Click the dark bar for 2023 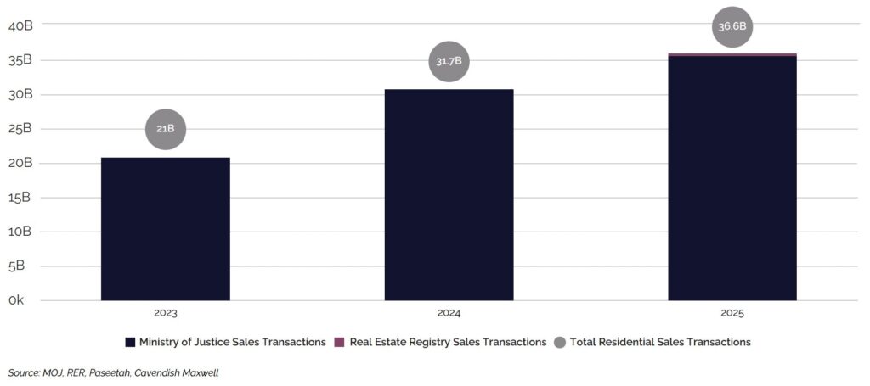pyautogui.click(x=165, y=229)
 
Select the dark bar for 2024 pyautogui.click(x=449, y=195)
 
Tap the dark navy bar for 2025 pyautogui.click(x=732, y=178)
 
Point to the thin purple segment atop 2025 pyautogui.click(x=732, y=54)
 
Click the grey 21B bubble pyautogui.click(x=165, y=129)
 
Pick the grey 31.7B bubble pyautogui.click(x=449, y=62)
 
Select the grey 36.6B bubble pyautogui.click(x=732, y=26)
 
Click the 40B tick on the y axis pyautogui.click(x=20, y=25)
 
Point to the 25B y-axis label pyautogui.click(x=20, y=129)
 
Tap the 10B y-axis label pyautogui.click(x=20, y=232)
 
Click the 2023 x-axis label pyautogui.click(x=165, y=314)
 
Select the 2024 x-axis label pyautogui.click(x=449, y=314)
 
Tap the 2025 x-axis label pyautogui.click(x=732, y=314)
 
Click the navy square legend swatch pyautogui.click(x=130, y=342)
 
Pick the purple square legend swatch pyautogui.click(x=338, y=342)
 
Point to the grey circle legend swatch pyautogui.click(x=559, y=342)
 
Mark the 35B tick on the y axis pyautogui.click(x=20, y=60)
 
